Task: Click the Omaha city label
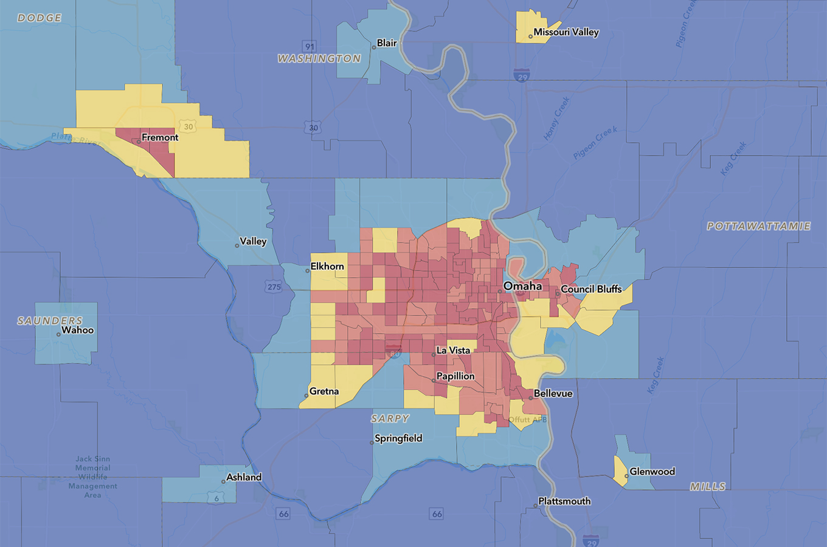pyautogui.click(x=522, y=286)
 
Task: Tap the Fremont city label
pyautogui.click(x=160, y=137)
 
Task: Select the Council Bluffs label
pyautogui.click(x=591, y=289)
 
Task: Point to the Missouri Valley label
pyautogui.click(x=566, y=32)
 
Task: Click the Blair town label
pyautogui.click(x=387, y=43)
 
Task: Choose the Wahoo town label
pyautogui.click(x=78, y=330)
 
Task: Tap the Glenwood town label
pyautogui.click(x=652, y=472)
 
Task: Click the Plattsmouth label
pyautogui.click(x=564, y=501)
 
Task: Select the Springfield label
pyautogui.click(x=398, y=438)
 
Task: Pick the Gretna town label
pyautogui.click(x=324, y=391)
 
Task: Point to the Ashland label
pyautogui.click(x=244, y=477)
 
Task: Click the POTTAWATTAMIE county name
pyautogui.click(x=759, y=226)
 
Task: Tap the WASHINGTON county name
pyautogui.click(x=319, y=59)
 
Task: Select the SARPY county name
pyautogui.click(x=390, y=419)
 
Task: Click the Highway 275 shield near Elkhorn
pyautogui.click(x=274, y=287)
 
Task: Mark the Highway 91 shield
pyautogui.click(x=310, y=47)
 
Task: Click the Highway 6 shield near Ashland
pyautogui.click(x=216, y=498)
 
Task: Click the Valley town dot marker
pyautogui.click(x=237, y=246)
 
